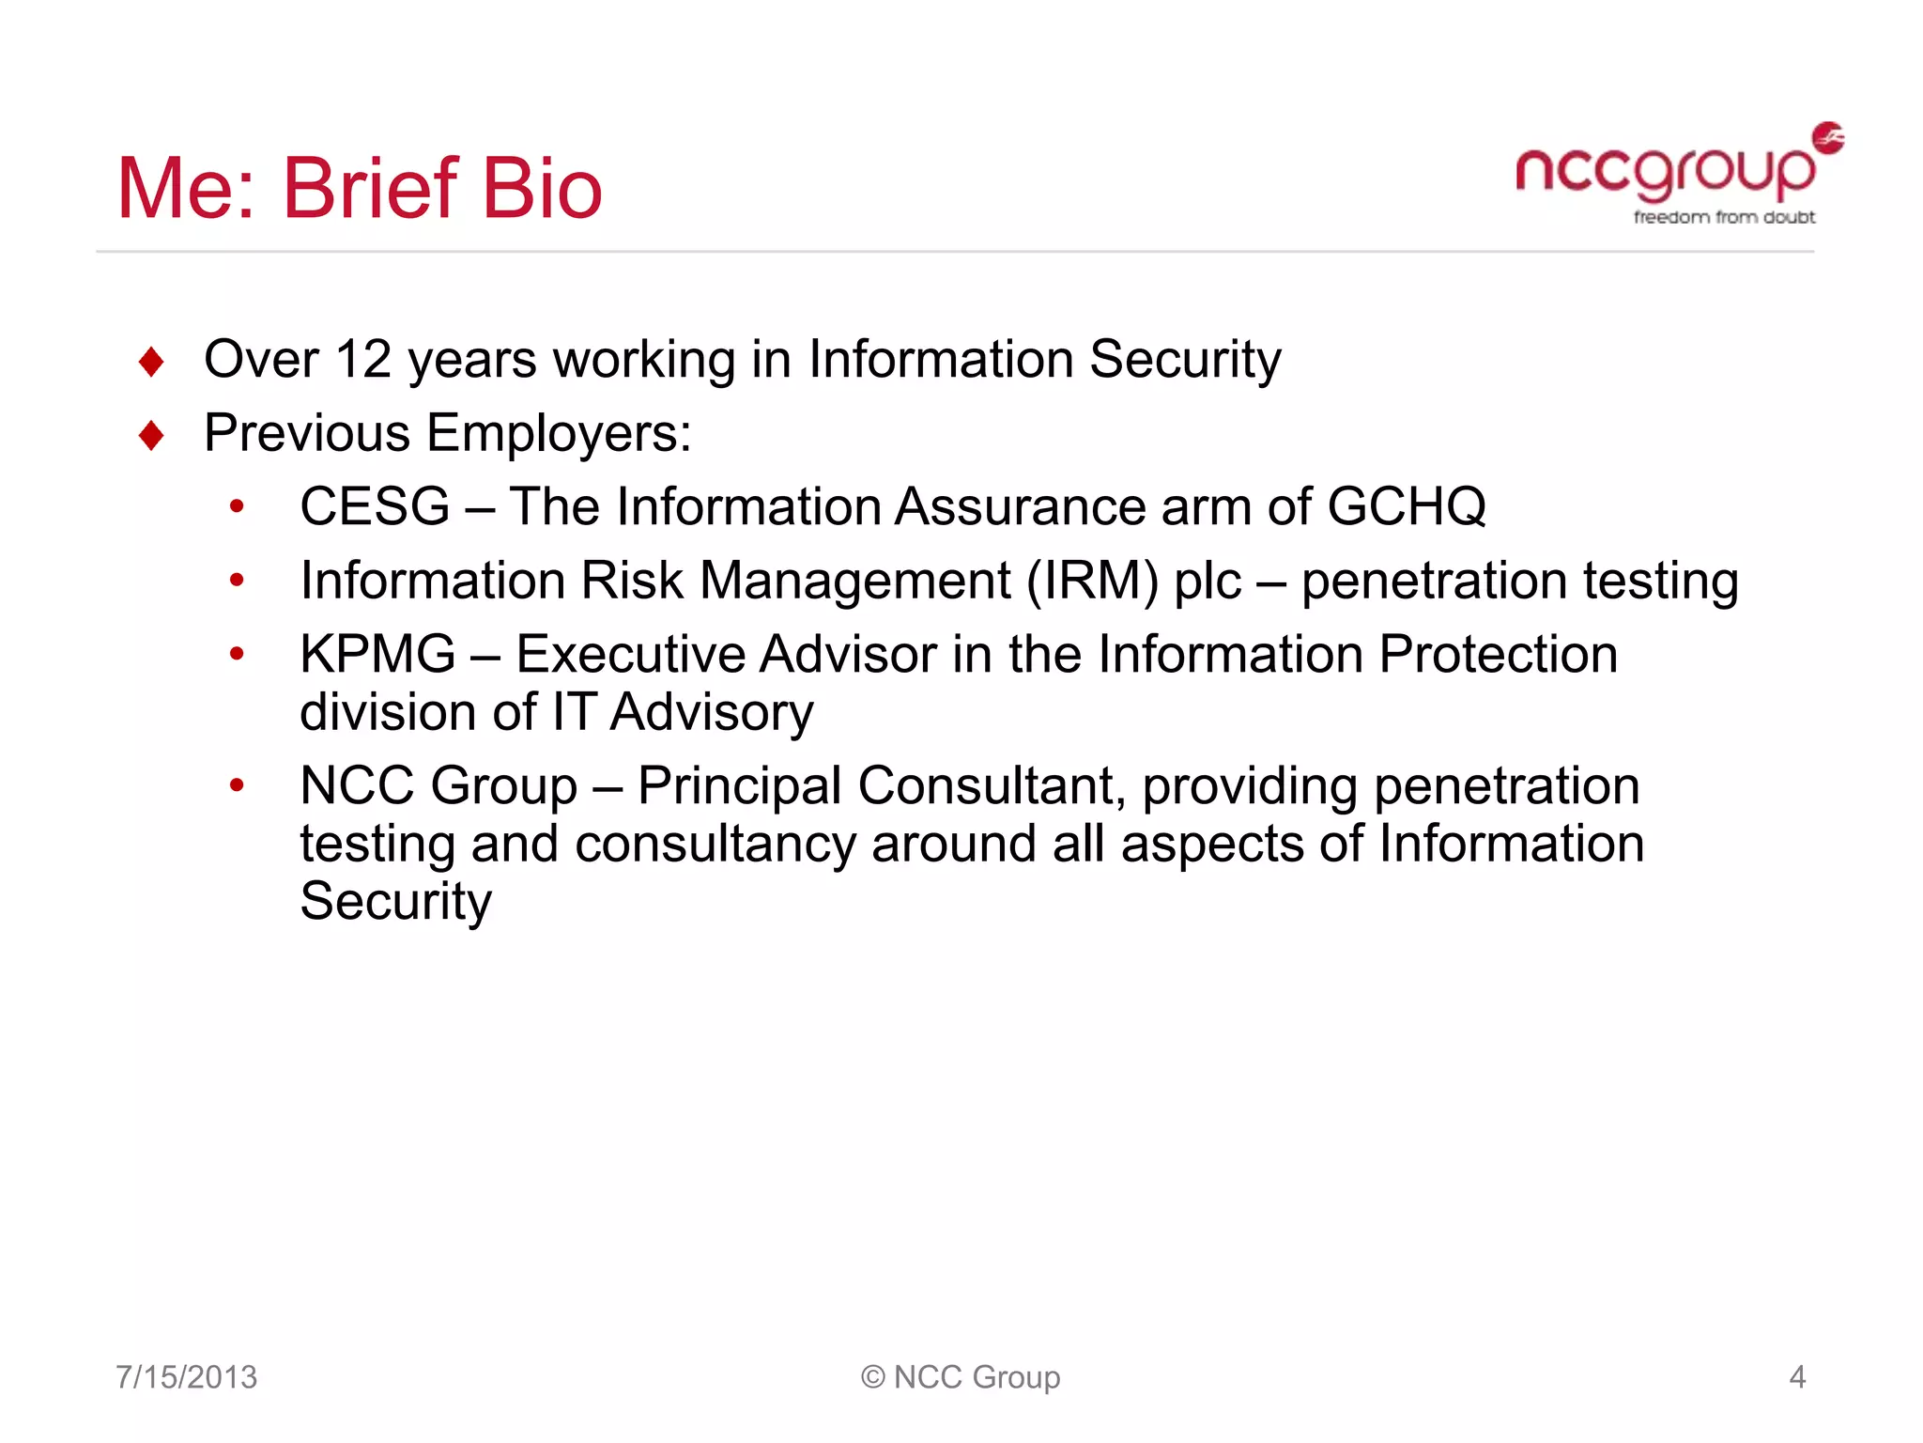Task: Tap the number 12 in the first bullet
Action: [x=362, y=360]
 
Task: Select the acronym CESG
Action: [x=375, y=507]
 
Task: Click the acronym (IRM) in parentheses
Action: [x=1092, y=581]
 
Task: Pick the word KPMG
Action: [x=377, y=655]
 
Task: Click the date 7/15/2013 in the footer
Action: [x=186, y=1377]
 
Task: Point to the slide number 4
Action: [x=1797, y=1377]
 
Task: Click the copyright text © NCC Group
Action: [x=961, y=1377]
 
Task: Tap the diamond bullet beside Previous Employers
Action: [x=151, y=436]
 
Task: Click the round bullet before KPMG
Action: [x=237, y=654]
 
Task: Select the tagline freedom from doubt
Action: [x=1724, y=218]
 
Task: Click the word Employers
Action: [x=559, y=434]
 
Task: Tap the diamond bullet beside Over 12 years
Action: [x=151, y=362]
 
